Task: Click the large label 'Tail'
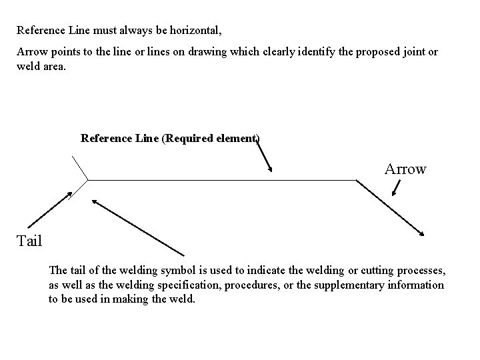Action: (x=29, y=241)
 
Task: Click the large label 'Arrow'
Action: (x=405, y=169)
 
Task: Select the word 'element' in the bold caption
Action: (x=236, y=139)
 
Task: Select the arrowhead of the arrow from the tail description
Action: (x=95, y=201)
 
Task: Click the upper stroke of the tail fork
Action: (x=80, y=167)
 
